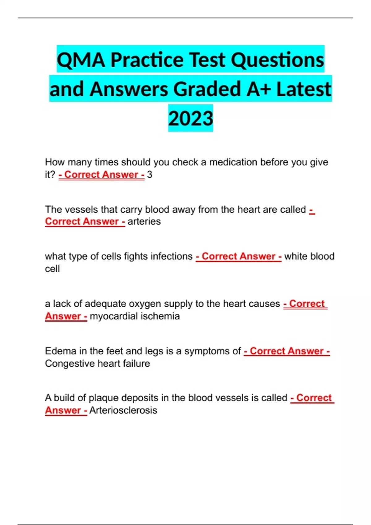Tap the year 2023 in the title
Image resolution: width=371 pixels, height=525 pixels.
(190, 119)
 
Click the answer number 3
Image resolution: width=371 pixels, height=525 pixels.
(150, 175)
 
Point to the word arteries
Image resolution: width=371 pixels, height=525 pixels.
(144, 221)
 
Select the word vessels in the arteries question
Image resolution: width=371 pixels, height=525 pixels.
(82, 209)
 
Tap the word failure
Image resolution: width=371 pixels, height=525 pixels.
(136, 363)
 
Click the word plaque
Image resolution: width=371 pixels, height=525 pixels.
(103, 398)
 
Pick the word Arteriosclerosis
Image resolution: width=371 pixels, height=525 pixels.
(123, 410)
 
